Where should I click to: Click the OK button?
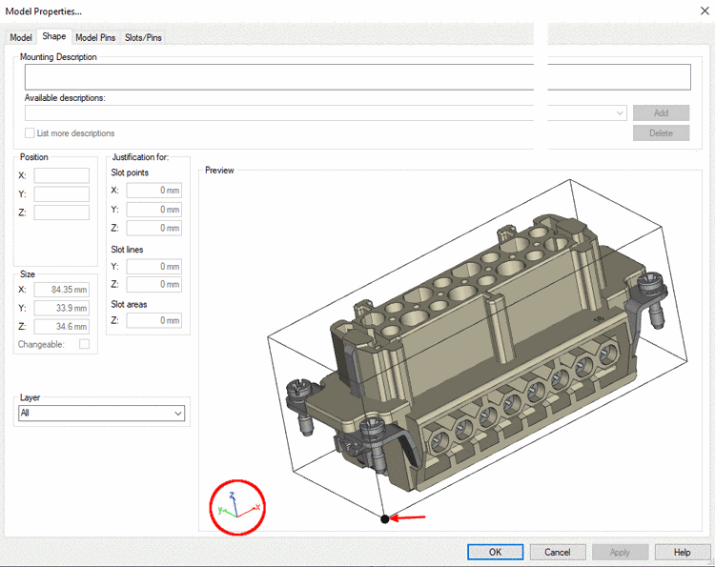coord(495,552)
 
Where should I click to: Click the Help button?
coord(682,552)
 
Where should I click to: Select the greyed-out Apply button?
coord(620,552)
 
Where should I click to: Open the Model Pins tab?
coord(95,37)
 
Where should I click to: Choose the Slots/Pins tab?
coord(143,37)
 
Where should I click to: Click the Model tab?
coord(21,37)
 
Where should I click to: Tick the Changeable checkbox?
coord(84,344)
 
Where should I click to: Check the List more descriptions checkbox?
coord(30,133)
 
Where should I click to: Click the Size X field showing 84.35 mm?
coord(62,290)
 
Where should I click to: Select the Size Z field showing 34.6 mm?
coord(62,326)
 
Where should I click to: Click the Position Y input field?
coord(62,194)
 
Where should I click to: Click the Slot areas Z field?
coord(153,321)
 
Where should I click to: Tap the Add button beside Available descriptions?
coord(661,112)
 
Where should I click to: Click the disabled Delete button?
coord(661,133)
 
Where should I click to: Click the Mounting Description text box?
coord(357,77)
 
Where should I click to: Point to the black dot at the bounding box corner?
coord(385,518)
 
